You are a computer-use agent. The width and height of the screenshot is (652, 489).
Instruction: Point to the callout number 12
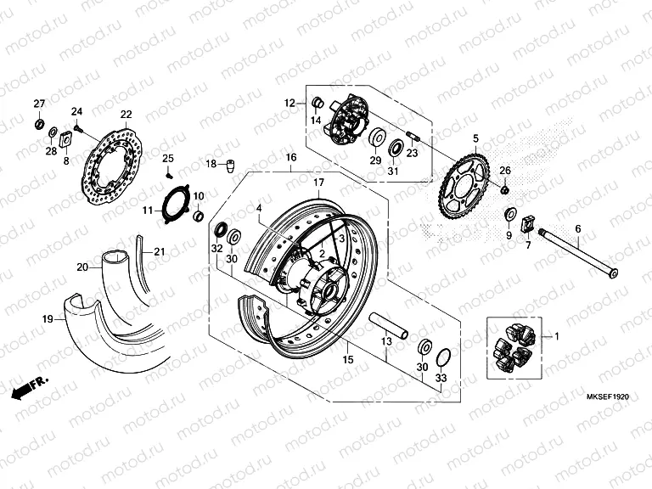289,103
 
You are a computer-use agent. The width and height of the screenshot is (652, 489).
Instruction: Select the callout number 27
38,104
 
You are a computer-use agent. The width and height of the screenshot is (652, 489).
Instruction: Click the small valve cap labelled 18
229,164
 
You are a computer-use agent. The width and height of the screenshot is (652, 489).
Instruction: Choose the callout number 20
81,267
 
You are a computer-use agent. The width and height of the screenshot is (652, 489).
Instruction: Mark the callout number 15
347,361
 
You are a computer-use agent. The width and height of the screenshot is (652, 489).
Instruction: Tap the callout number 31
393,171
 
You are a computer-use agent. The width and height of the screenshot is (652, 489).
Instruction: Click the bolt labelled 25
169,173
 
